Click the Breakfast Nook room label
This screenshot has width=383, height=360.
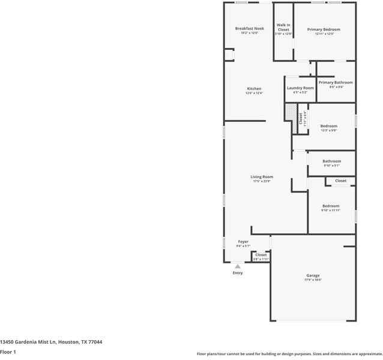pyautogui.click(x=249, y=29)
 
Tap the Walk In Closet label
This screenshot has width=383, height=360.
pyautogui.click(x=283, y=27)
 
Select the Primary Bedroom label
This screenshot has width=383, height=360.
pyautogui.click(x=324, y=29)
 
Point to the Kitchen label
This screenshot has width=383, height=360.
pyautogui.click(x=254, y=89)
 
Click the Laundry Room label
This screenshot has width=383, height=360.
pyautogui.click(x=300, y=88)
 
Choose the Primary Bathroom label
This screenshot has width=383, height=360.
pyautogui.click(x=336, y=83)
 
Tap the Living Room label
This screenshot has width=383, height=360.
pyautogui.click(x=262, y=177)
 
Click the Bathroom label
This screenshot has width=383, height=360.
pyautogui.click(x=331, y=161)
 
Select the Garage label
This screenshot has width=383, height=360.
pyautogui.click(x=313, y=276)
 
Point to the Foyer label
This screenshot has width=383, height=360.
pyautogui.click(x=243, y=242)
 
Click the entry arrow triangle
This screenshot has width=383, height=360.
pyautogui.click(x=238, y=266)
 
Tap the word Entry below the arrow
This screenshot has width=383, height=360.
pyautogui.click(x=238, y=273)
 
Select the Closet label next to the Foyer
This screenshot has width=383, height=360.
pyautogui.click(x=261, y=255)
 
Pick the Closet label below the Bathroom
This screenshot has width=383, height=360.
pyautogui.click(x=340, y=181)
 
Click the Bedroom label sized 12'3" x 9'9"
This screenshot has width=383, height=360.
pyautogui.click(x=328, y=126)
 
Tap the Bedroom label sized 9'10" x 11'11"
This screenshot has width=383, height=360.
pyautogui.click(x=330, y=206)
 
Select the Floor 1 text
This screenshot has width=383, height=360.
pyautogui.click(x=8, y=352)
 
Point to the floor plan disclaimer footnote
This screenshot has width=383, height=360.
pyautogui.click(x=289, y=354)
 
